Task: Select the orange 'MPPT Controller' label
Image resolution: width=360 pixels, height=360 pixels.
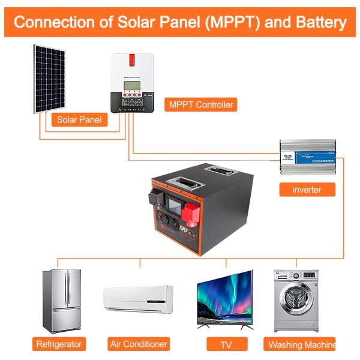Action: pyautogui.click(x=200, y=105)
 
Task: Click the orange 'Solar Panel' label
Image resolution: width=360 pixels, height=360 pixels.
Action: pyautogui.click(x=79, y=119)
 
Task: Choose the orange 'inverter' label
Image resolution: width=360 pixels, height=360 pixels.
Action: pyautogui.click(x=307, y=190)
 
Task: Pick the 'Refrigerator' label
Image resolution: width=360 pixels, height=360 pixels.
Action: pyautogui.click(x=59, y=344)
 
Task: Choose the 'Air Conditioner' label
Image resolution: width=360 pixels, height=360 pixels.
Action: pyautogui.click(x=139, y=344)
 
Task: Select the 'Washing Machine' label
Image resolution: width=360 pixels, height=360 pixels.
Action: pyautogui.click(x=301, y=344)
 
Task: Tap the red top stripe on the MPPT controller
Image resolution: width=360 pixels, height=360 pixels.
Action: pyautogui.click(x=133, y=58)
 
